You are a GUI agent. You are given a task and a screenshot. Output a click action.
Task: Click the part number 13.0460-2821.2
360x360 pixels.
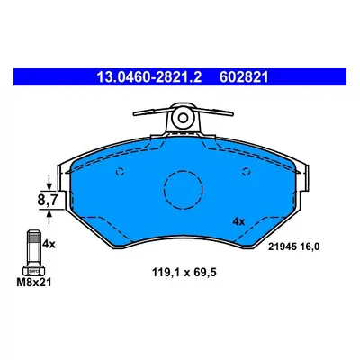click(x=148, y=77)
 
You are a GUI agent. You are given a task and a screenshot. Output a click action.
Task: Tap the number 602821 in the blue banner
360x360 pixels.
click(x=244, y=77)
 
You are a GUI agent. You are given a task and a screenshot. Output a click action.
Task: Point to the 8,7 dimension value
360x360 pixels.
click(x=48, y=200)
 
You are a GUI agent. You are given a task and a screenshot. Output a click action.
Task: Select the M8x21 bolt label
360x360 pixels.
click(x=34, y=282)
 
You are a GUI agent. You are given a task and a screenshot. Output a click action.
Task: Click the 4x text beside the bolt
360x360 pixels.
click(x=49, y=244)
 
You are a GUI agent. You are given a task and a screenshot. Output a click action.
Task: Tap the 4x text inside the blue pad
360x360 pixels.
click(x=238, y=222)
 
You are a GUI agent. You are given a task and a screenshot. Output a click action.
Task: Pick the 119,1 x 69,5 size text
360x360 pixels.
click(x=184, y=273)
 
